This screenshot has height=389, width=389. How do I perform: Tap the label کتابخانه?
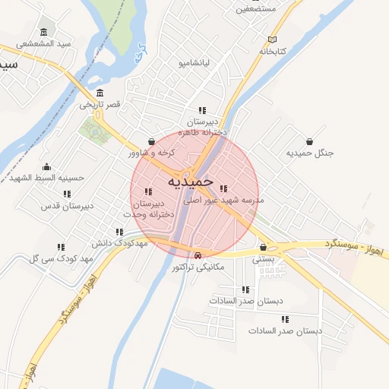pos(273,51)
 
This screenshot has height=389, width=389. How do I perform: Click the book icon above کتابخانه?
pos(273,40)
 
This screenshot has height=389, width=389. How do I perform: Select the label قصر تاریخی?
pos(102,103)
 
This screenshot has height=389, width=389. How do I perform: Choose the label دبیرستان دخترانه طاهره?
pos(204,126)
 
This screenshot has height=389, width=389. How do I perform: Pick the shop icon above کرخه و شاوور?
pos(152,141)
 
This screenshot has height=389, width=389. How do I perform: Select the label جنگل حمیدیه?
pos(310,153)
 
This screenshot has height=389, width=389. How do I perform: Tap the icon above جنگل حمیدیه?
pos(310,141)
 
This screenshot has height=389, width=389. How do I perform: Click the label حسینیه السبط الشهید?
pos(46,178)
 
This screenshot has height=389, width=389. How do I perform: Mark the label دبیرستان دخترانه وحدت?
pos(153,209)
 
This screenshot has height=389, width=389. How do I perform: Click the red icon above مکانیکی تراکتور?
pos(198,255)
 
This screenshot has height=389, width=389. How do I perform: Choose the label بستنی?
pos(263,258)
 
